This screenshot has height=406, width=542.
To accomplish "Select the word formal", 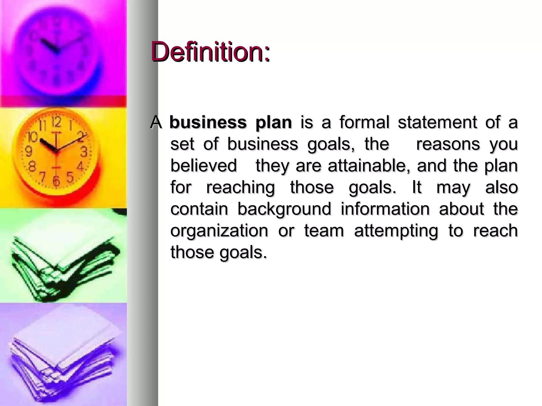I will [364, 122].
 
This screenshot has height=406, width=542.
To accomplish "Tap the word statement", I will [437, 122].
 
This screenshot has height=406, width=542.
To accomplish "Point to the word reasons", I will [448, 144].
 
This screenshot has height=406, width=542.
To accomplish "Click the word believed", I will [204, 166].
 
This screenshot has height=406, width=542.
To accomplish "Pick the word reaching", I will [240, 188].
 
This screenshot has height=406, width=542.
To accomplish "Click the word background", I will [284, 209].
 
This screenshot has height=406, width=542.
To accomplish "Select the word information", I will [385, 209].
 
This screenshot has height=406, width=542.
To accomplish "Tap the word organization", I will [219, 231].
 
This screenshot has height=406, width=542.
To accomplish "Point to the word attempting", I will [396, 231].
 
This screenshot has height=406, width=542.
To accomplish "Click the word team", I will [324, 231].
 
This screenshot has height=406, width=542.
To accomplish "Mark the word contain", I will [199, 209].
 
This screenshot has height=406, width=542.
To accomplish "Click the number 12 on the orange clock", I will [56, 122].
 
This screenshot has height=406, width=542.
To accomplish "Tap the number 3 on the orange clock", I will [84, 152].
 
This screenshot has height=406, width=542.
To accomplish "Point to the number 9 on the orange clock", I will [28, 151].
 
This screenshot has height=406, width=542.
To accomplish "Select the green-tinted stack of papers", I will [64, 267].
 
